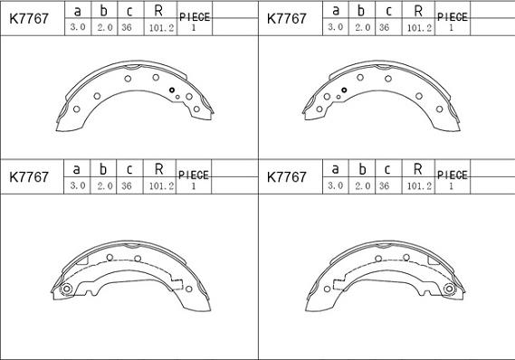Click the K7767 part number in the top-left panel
coord(29,19)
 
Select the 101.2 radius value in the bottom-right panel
coord(419,186)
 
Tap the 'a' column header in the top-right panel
coord(336,10)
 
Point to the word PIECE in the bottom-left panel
coord(194,175)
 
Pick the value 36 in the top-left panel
coord(127,27)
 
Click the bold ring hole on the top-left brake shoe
coord(172,90)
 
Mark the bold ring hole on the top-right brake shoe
coord(344,90)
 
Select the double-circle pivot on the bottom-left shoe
coord(67,289)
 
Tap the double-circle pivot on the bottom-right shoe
coord(449,289)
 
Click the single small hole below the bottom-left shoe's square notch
coord(188,289)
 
